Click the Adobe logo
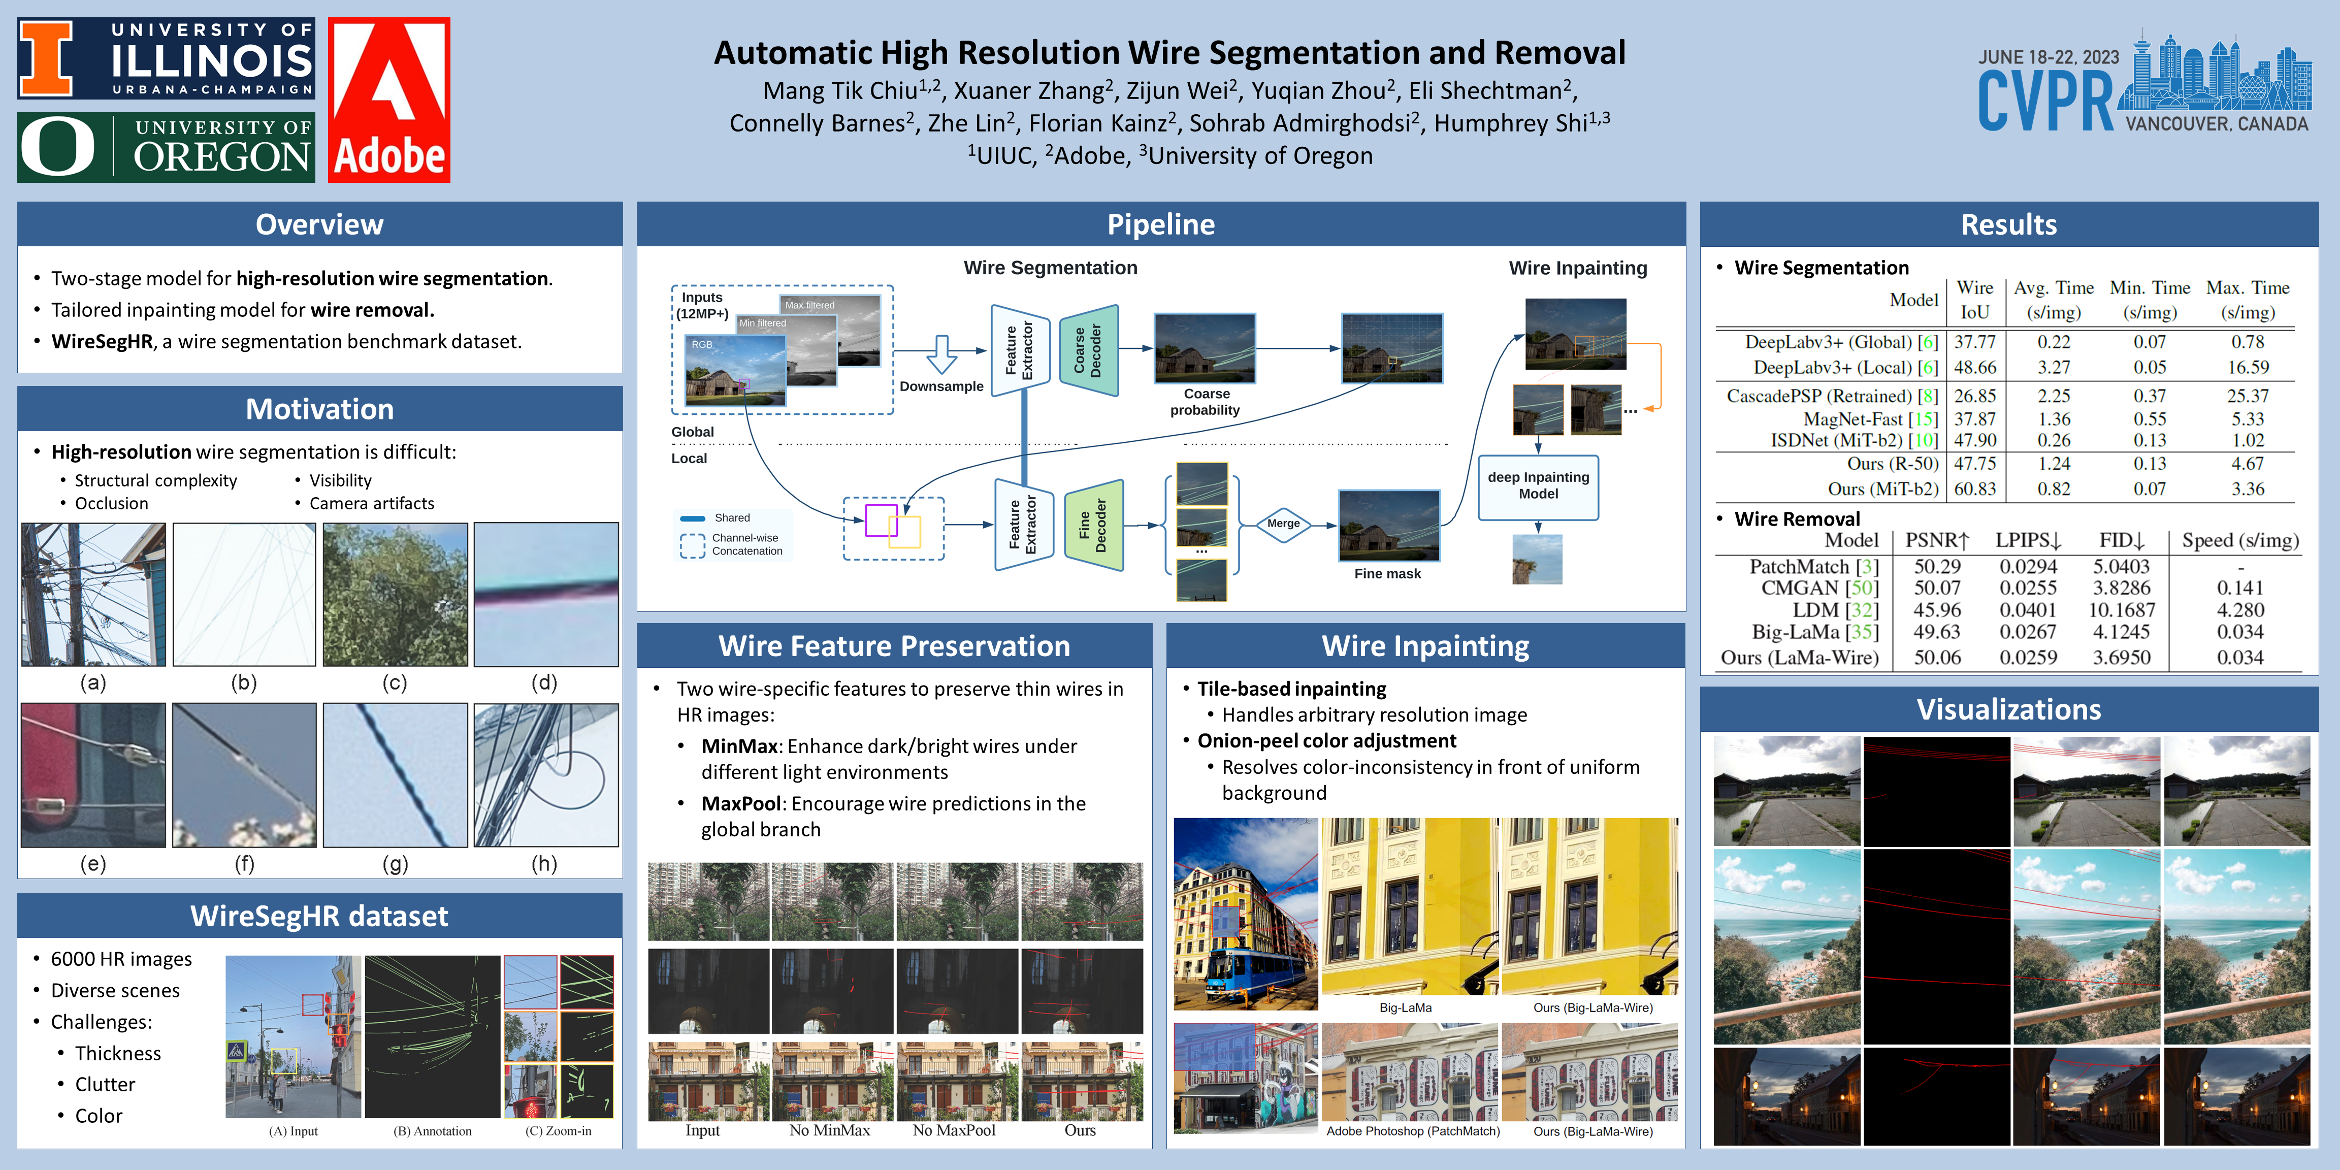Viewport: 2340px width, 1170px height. click(389, 100)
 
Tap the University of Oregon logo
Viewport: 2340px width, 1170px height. click(166, 147)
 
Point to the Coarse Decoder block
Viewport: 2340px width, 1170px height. click(1088, 350)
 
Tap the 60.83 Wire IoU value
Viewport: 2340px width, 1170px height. click(1975, 489)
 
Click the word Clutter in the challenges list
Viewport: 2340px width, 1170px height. click(106, 1085)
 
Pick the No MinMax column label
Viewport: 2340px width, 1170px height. click(829, 1130)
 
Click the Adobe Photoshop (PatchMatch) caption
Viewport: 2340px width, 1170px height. click(1413, 1131)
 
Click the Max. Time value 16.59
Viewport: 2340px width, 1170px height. click(2248, 367)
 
